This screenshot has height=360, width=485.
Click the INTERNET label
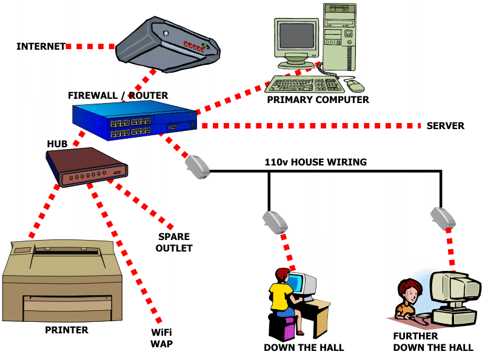tap(41, 47)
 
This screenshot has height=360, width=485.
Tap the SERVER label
tap(445, 126)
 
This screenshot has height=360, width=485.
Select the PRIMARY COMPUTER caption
tap(318, 99)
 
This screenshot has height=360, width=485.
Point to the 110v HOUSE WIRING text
tap(315, 162)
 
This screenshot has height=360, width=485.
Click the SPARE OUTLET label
tap(174, 242)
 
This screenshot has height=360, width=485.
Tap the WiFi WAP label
tap(162, 338)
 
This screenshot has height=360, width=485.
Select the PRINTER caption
tap(67, 330)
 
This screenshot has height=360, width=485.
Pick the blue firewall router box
tap(133, 121)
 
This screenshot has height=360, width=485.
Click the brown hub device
tap(87, 167)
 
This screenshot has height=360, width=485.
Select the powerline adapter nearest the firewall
tap(197, 165)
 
